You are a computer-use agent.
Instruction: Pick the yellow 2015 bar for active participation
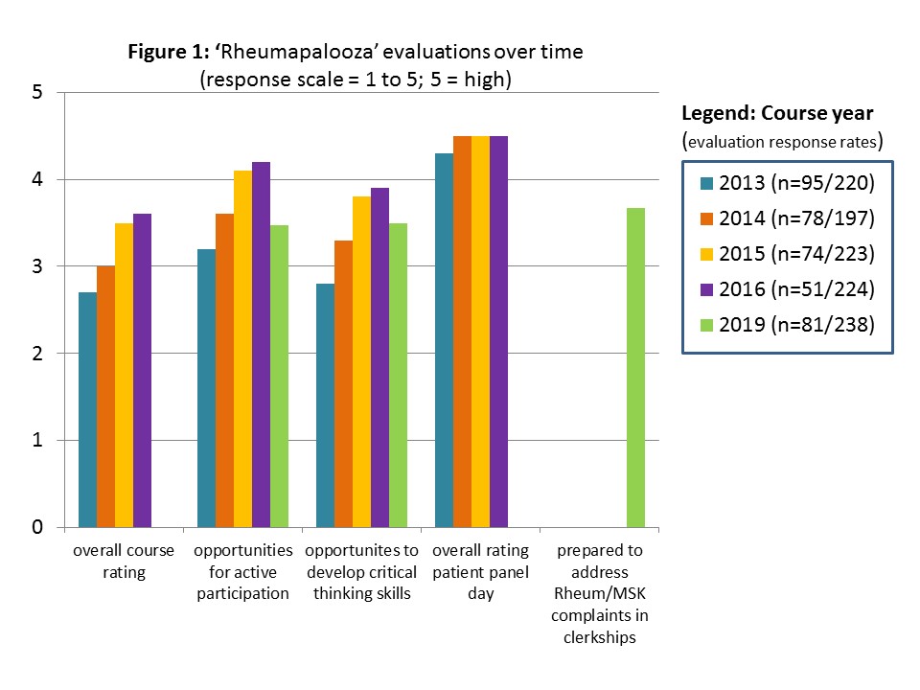pyautogui.click(x=242, y=349)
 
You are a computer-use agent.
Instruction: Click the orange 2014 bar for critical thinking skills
pyautogui.click(x=343, y=383)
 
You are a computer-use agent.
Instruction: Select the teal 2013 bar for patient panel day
pyautogui.click(x=444, y=340)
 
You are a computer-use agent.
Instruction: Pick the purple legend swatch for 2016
pyautogui.click(x=706, y=289)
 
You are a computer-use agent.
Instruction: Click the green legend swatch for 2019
pyautogui.click(x=706, y=325)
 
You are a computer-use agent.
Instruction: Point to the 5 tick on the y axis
pyautogui.click(x=37, y=93)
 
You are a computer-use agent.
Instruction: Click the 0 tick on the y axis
pyautogui.click(x=37, y=528)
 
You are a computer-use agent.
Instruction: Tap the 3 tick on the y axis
pyautogui.click(x=37, y=266)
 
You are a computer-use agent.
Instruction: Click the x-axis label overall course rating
pyautogui.click(x=124, y=562)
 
